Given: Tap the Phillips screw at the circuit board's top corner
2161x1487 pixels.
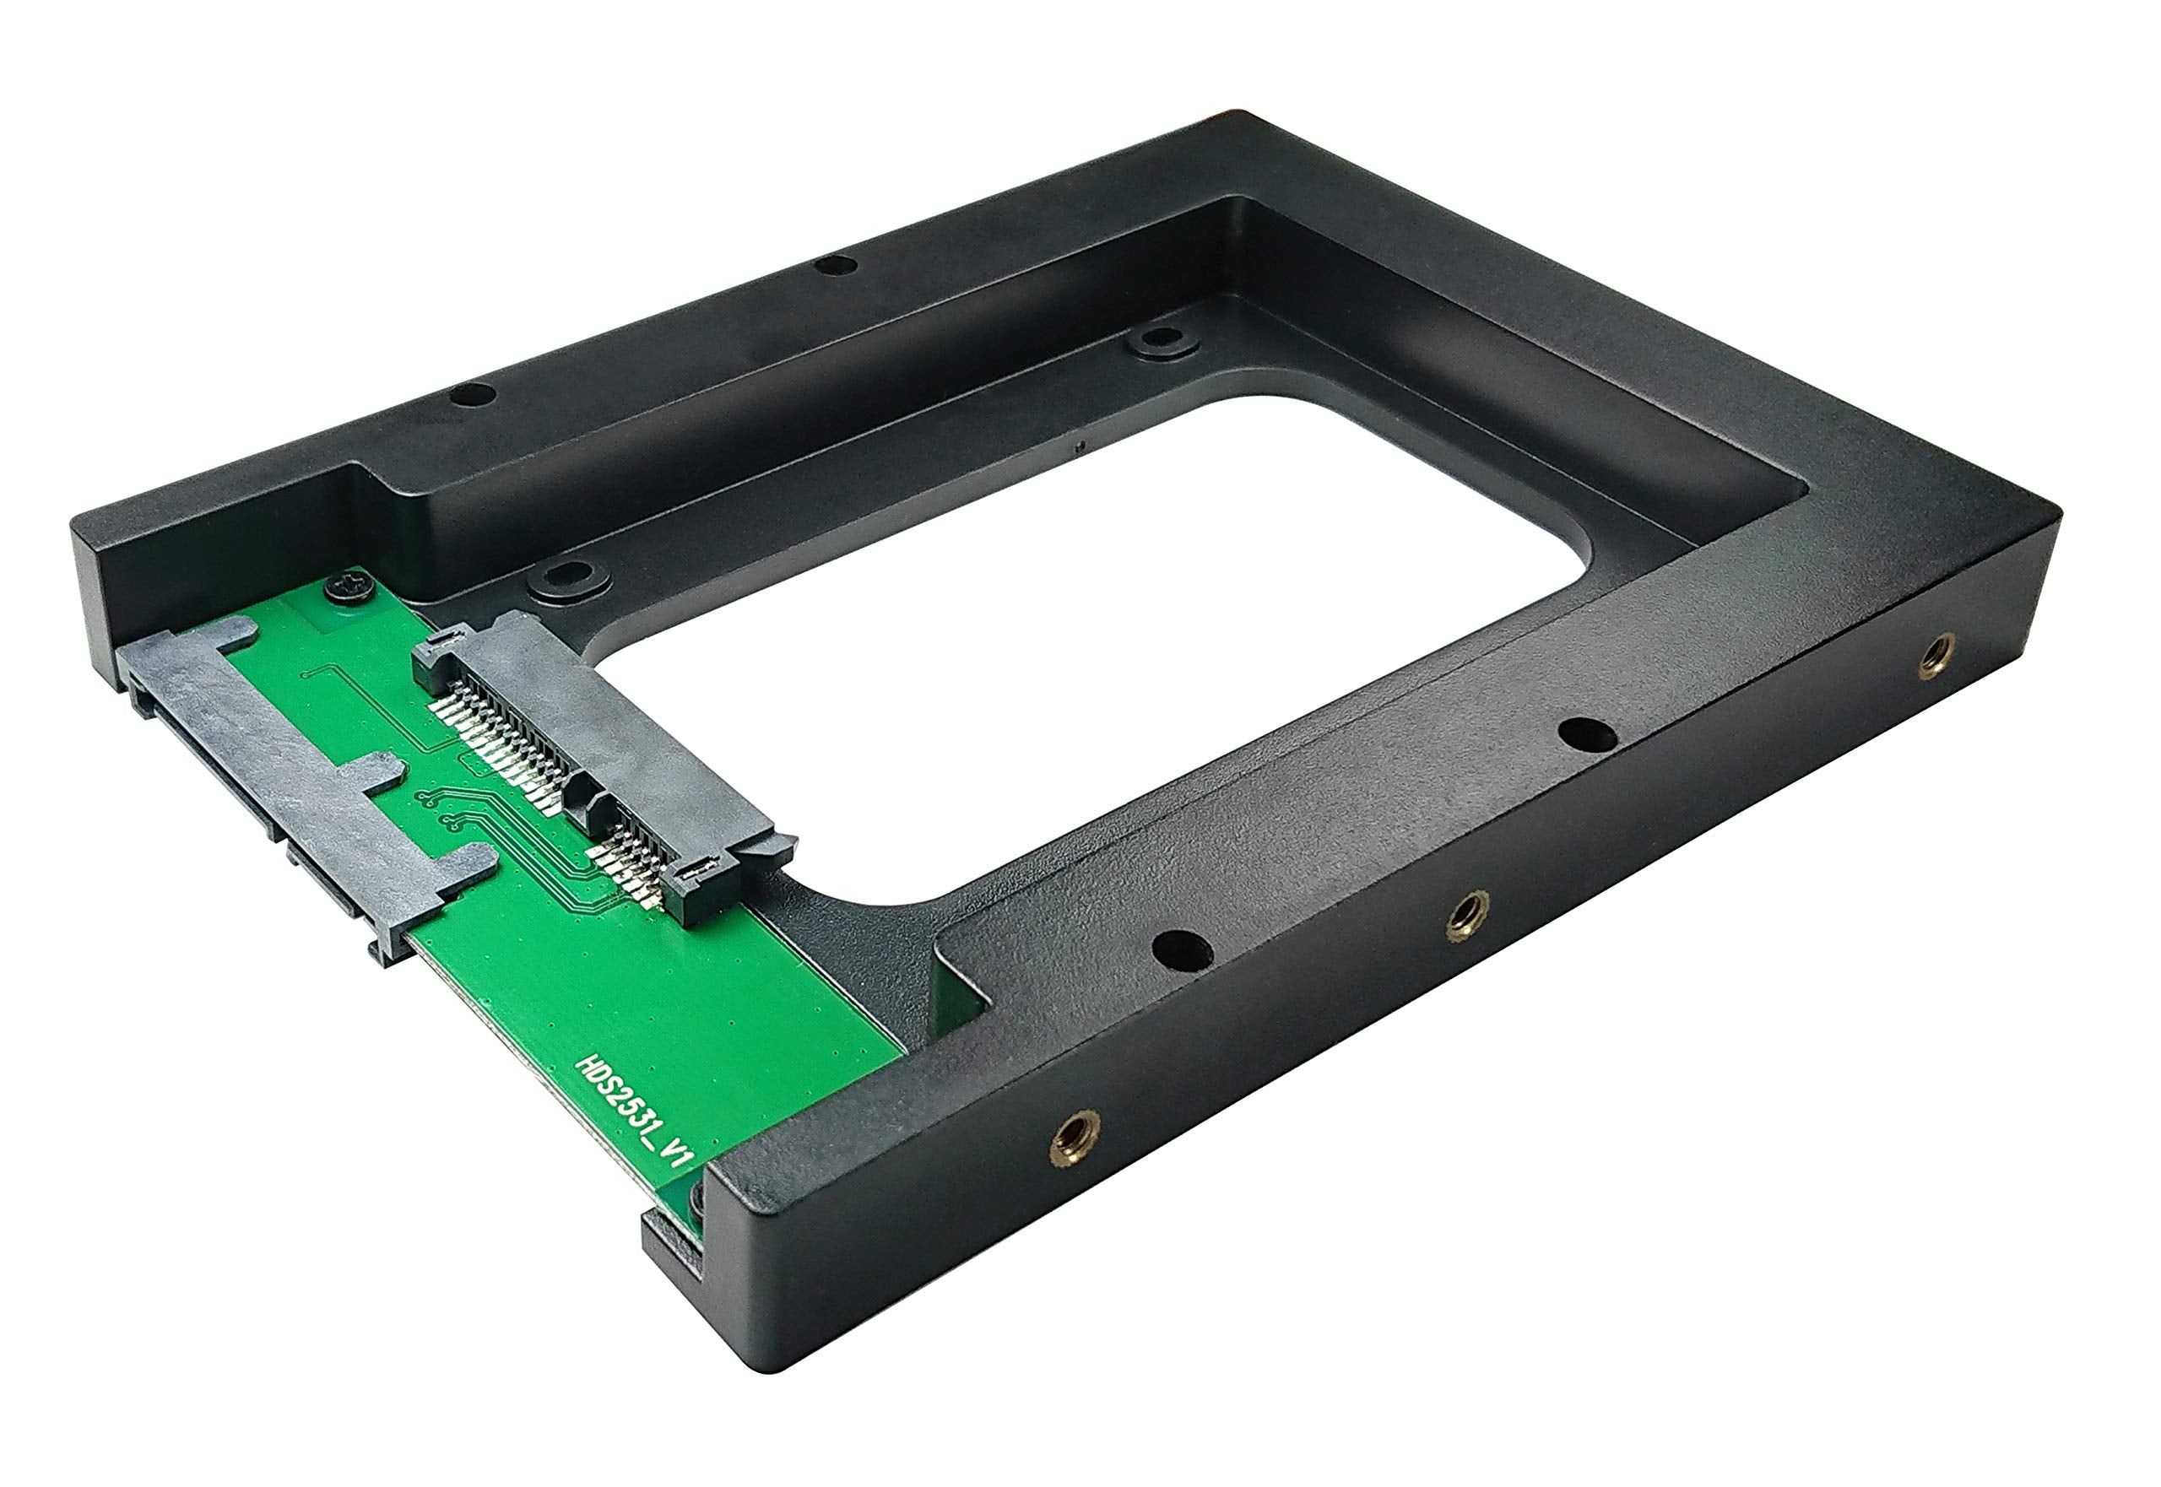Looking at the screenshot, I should click(x=350, y=589).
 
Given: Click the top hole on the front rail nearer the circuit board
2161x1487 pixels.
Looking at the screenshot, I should click(x=1182, y=950).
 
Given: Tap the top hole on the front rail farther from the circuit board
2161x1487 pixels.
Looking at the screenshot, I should click(x=1587, y=734).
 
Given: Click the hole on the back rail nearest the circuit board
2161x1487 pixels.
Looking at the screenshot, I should click(x=473, y=394).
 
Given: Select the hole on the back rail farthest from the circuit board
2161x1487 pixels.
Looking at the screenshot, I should click(x=835, y=266).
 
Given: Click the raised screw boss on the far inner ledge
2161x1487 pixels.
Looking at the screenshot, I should click(x=1161, y=339).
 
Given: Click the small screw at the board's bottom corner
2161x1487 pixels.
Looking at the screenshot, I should click(x=696, y=1201).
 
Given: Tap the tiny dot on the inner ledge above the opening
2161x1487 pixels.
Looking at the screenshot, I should click(x=1079, y=446).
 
